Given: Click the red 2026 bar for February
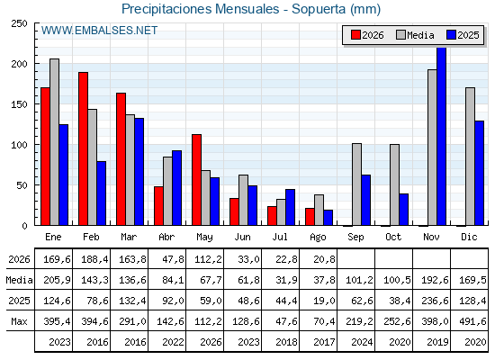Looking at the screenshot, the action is click(83, 148).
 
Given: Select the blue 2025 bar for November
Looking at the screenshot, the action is click(441, 136).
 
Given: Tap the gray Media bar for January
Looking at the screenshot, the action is click(54, 142).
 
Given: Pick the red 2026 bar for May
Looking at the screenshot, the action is click(197, 180).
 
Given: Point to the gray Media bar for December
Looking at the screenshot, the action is click(470, 157).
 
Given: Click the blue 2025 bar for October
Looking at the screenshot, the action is click(404, 209).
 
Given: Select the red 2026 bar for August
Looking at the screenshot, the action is click(310, 217).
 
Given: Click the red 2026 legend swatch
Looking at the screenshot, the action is click(355, 35).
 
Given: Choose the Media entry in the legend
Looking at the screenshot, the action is click(415, 35).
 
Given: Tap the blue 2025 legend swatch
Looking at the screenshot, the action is click(451, 35).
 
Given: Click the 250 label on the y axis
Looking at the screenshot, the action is click(19, 23).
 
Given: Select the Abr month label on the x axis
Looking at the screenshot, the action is click(166, 237).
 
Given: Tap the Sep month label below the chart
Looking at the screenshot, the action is click(355, 238).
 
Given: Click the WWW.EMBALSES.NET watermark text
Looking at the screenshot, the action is click(99, 31).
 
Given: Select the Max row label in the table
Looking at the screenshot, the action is click(19, 321).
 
